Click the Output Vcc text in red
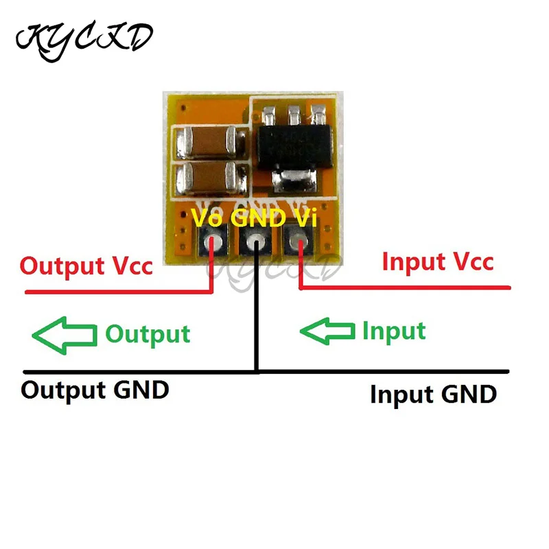86,265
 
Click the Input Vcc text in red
438,261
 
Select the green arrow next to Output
64,334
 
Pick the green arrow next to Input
328,331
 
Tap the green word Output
148,334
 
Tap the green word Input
394,331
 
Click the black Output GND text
95,390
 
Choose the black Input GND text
433,395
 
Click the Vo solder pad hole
216,242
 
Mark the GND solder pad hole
257,242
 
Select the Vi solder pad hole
298,241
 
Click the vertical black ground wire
257,316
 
